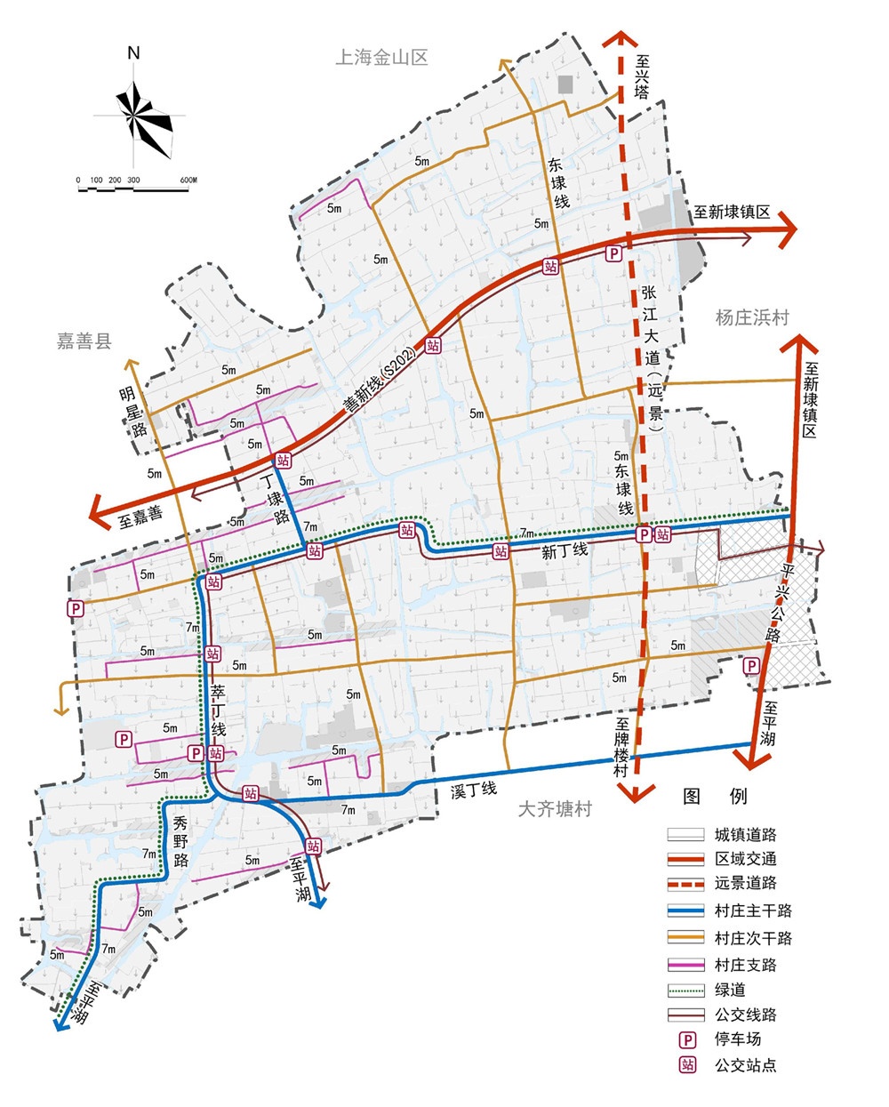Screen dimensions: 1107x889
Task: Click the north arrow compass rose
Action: click(134, 114)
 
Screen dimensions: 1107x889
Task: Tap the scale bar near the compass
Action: click(134, 186)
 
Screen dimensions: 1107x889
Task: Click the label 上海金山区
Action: click(381, 58)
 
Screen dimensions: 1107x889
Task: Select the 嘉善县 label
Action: click(84, 341)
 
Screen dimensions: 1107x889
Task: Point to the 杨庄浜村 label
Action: click(752, 317)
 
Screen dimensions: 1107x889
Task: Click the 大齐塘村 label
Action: click(555, 809)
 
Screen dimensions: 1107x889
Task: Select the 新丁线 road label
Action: click(565, 551)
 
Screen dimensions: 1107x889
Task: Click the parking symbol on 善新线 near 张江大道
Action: click(613, 254)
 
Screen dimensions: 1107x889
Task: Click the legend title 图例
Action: click(715, 796)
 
